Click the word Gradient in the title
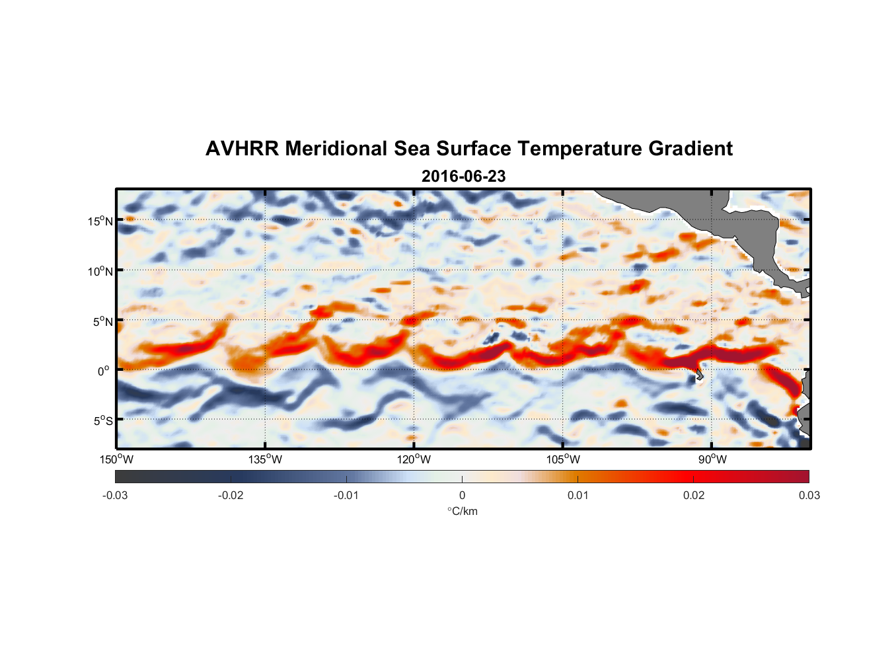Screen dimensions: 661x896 tap(691, 149)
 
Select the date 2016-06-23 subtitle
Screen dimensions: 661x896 tap(463, 176)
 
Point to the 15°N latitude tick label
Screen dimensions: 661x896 tap(100, 221)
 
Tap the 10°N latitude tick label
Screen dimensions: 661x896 tap(100, 271)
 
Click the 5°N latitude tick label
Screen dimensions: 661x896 tap(102, 321)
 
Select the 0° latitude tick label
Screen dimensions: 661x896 tap(104, 371)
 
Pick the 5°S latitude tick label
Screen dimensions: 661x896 tap(102, 421)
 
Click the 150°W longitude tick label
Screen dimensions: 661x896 tap(116, 459)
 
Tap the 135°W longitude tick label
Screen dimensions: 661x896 tap(266, 459)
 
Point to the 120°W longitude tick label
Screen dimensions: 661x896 tap(414, 459)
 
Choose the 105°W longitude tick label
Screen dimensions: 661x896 tap(563, 459)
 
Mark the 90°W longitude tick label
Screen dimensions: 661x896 tap(712, 459)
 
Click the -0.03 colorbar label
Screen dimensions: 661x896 tap(115, 496)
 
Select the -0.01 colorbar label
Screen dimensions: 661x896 tap(346, 496)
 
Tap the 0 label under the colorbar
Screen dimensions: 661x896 tap(462, 496)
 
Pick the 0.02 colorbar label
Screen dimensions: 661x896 tap(694, 496)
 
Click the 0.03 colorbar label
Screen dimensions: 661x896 tap(809, 496)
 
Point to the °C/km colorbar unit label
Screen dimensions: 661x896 tap(463, 511)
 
